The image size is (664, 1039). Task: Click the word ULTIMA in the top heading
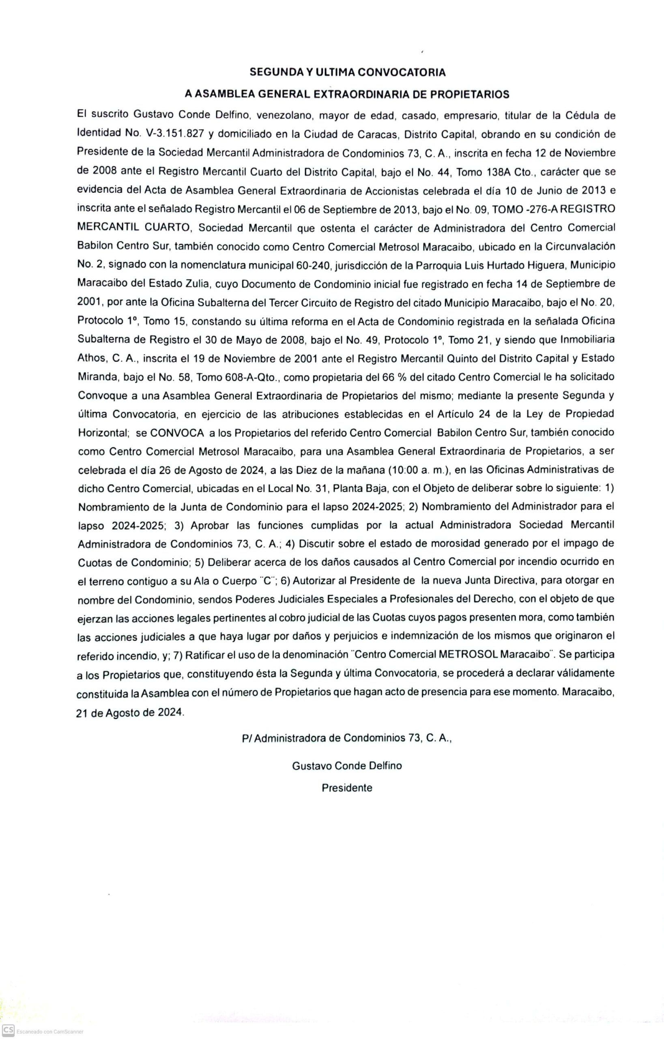335,73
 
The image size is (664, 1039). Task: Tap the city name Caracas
377,134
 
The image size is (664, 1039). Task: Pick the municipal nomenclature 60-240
313,265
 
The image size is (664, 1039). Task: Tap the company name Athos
91,358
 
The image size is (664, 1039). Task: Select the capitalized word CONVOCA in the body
177,433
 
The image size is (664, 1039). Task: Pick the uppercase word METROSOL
468,655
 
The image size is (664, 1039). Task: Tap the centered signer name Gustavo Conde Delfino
347,766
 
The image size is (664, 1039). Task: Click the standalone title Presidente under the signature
347,788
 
